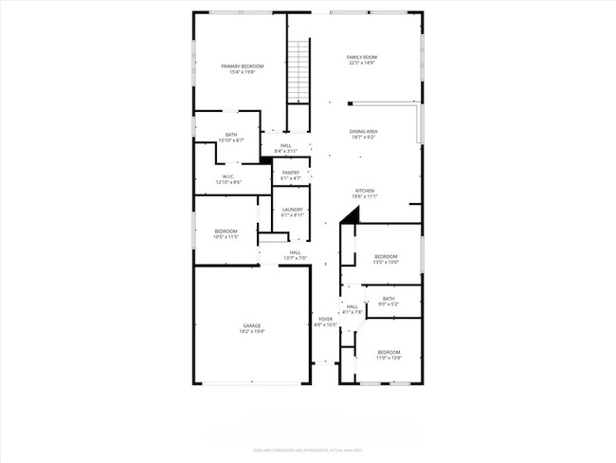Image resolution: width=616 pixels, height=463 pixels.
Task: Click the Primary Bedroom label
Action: click(x=242, y=65)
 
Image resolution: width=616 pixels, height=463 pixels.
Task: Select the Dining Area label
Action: click(x=364, y=132)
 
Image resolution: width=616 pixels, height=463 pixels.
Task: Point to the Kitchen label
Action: click(x=366, y=191)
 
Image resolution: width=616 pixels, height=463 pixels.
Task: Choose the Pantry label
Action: click(x=291, y=173)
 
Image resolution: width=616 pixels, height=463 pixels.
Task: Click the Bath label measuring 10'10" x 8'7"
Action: click(x=231, y=135)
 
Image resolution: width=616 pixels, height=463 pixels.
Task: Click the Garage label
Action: click(x=251, y=325)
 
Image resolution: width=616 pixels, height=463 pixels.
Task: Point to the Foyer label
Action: click(x=325, y=319)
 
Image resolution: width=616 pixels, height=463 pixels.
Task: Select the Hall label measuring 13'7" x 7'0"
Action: click(x=295, y=252)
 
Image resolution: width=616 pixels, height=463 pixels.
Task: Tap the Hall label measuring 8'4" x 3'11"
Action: click(x=285, y=145)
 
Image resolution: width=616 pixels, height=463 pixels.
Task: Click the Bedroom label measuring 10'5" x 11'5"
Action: click(x=226, y=231)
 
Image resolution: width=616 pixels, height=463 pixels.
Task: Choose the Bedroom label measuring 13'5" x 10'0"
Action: click(x=386, y=256)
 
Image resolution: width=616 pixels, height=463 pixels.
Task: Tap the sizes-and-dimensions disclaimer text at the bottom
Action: click(x=307, y=449)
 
